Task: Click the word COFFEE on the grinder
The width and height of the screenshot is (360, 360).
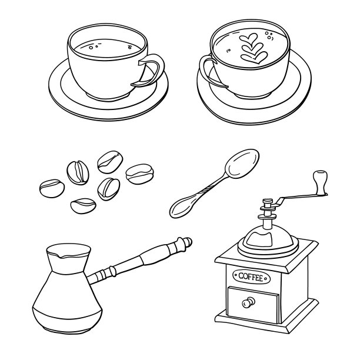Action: tap(251, 277)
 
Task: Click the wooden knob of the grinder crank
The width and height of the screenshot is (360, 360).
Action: tap(320, 182)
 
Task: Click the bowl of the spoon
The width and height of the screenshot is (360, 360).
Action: tap(242, 164)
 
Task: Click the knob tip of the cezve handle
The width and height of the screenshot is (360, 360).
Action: tap(187, 242)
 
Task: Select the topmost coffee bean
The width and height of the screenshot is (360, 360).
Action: tap(110, 162)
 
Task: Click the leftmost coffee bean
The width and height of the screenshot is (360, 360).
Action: tap(52, 188)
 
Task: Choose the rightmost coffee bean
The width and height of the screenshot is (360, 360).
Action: tap(139, 174)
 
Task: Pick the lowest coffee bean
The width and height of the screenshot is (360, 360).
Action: tap(84, 206)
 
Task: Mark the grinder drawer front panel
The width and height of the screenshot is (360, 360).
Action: tap(252, 304)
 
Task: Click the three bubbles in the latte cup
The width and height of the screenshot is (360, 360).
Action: tap(269, 36)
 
